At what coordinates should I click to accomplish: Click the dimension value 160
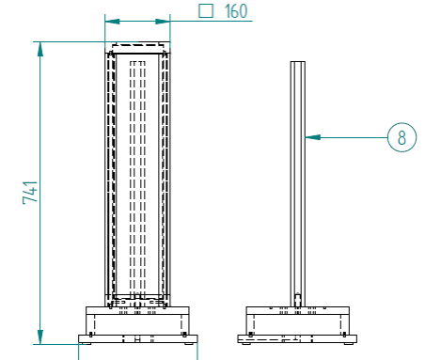(236, 11)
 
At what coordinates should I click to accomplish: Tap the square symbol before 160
(206, 11)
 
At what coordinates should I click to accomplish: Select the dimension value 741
(30, 193)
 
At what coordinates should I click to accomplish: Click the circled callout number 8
(401, 137)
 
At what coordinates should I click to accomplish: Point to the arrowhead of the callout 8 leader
(312, 137)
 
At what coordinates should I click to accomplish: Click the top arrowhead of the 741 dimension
(40, 49)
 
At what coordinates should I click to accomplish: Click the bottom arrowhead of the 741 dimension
(40, 337)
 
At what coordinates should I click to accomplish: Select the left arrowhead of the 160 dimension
(112, 22)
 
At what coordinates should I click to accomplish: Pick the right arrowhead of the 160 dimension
(163, 22)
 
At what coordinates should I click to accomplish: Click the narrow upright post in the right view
(297, 183)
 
